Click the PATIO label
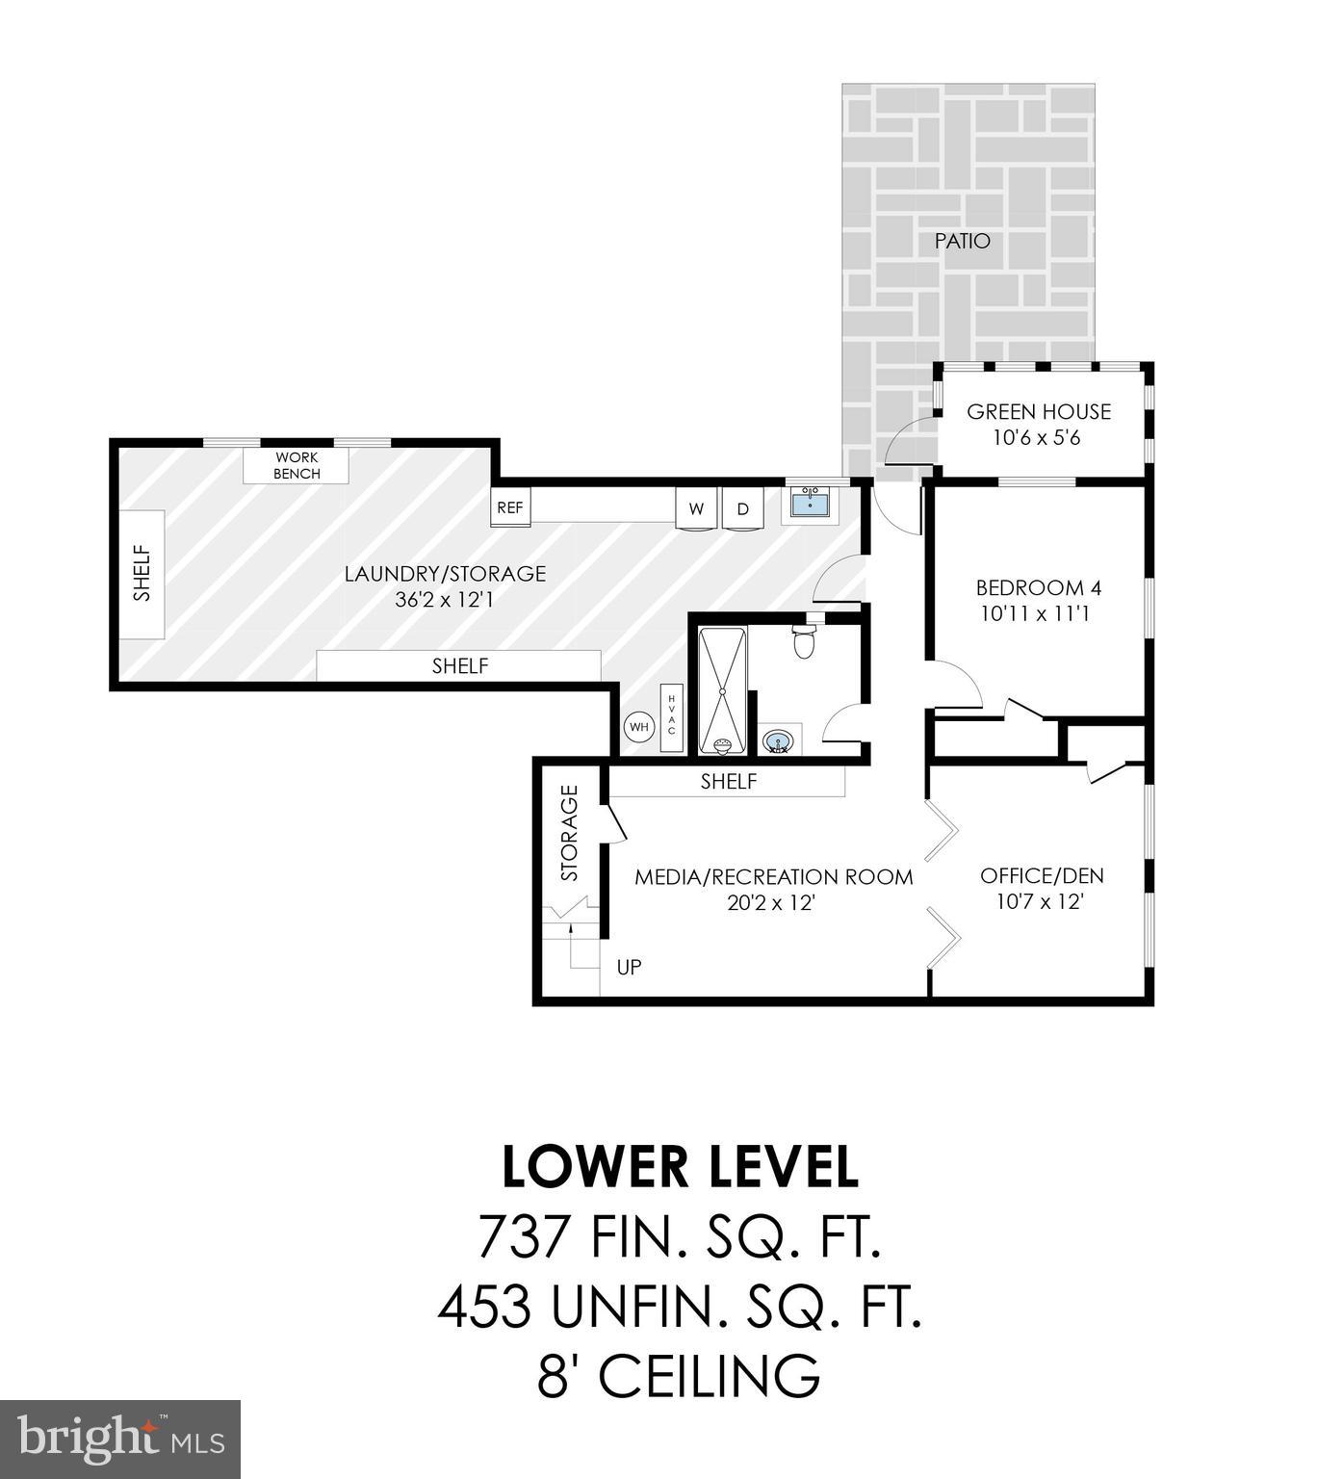point(962,241)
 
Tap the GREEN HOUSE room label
point(1038,412)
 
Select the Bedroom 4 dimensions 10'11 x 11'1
point(1035,613)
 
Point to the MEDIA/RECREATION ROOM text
point(773,877)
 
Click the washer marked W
point(696,509)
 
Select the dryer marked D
point(742,509)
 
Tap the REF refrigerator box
point(509,507)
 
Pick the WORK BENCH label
point(296,466)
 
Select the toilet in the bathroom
point(805,640)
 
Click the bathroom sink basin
point(778,741)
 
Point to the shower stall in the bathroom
point(722,690)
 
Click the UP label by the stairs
point(629,967)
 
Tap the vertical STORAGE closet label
point(569,834)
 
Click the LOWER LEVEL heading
point(680,1166)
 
